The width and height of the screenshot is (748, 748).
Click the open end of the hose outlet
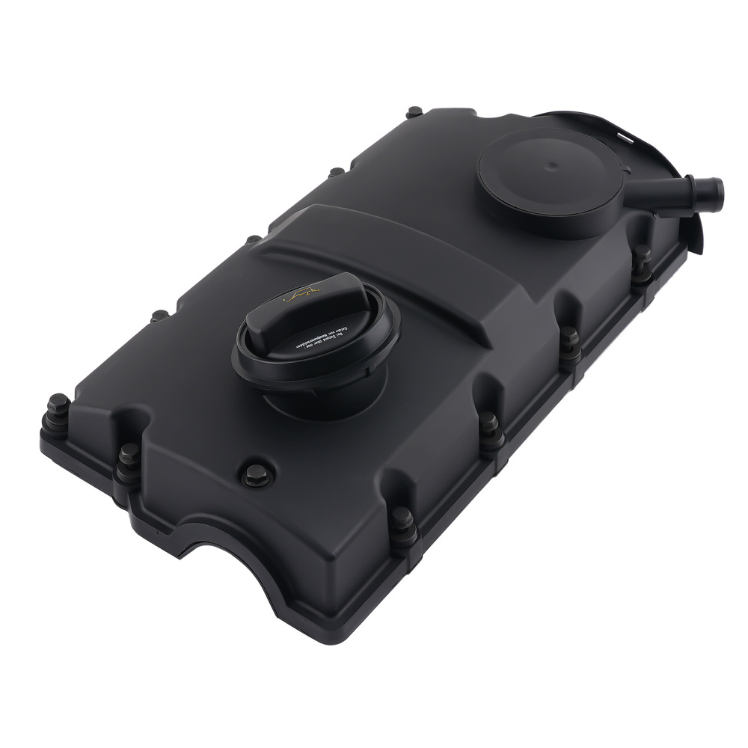pos(716,185)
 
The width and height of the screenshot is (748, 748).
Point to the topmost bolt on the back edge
pos(412,113)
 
